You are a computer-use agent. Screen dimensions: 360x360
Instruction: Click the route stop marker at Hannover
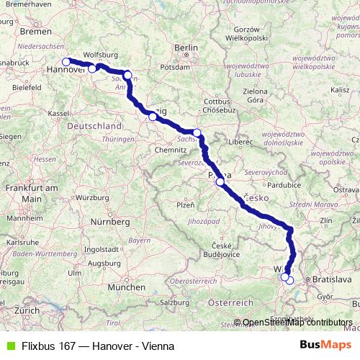pyautogui.click(x=66, y=62)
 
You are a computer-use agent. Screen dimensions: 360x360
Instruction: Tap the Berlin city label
pyautogui.click(x=185, y=48)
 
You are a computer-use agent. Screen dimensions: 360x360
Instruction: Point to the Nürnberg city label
pyautogui.click(x=111, y=222)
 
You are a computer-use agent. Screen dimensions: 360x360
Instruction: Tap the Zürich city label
pyautogui.click(x=27, y=310)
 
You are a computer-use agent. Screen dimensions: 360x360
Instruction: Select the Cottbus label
pyautogui.click(x=216, y=102)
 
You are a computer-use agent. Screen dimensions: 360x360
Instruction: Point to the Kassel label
pyautogui.click(x=58, y=113)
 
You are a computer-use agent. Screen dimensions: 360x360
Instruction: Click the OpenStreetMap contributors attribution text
pyautogui.click(x=297, y=323)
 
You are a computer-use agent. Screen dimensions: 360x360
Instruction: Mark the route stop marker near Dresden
pyautogui.click(x=197, y=133)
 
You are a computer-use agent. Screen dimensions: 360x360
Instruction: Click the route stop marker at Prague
pyautogui.click(x=220, y=182)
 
